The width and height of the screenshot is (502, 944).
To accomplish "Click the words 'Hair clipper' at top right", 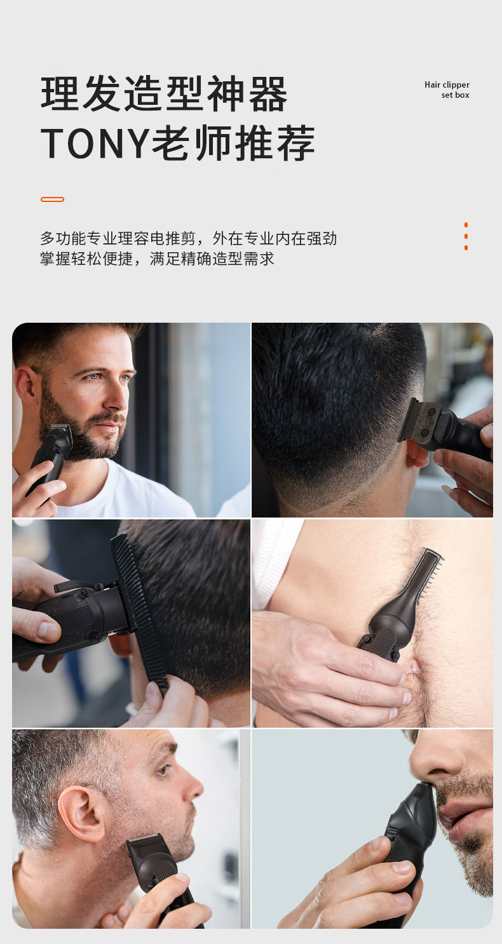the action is [x=447, y=84].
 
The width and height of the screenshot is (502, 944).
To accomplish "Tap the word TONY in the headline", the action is [x=95, y=143].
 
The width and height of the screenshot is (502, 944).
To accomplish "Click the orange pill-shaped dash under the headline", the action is [x=52, y=199].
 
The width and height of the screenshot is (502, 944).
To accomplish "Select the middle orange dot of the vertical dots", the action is [x=466, y=236].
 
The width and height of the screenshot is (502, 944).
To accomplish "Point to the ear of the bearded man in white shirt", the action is [x=27, y=386].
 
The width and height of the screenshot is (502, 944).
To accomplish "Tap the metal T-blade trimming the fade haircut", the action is [x=421, y=419].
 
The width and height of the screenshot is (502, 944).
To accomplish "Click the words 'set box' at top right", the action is [x=455, y=95].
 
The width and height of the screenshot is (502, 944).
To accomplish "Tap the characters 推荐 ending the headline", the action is [x=275, y=143].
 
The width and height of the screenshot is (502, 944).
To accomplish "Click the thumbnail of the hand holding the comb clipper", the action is [x=48, y=630].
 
